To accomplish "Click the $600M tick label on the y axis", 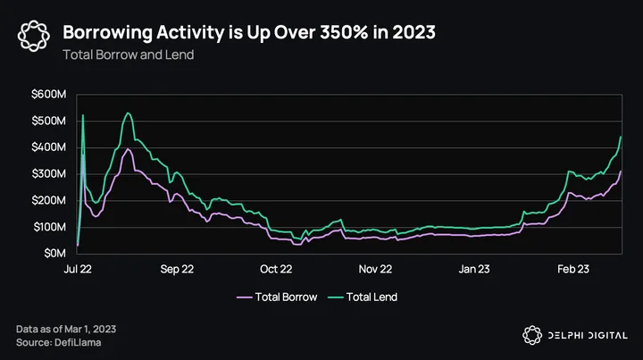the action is click(x=48, y=95).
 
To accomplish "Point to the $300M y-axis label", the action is click(x=48, y=174).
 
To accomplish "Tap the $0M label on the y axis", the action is click(x=55, y=254).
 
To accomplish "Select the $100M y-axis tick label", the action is click(x=49, y=227).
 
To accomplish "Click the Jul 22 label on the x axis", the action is click(x=78, y=269).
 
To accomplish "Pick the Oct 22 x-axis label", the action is click(x=276, y=269).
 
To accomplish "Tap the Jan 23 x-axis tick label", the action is click(x=474, y=269).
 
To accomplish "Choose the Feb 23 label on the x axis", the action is click(x=573, y=269).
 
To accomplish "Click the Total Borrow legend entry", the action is click(x=277, y=297).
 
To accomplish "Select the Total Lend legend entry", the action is click(x=363, y=297).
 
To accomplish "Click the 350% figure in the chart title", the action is click(x=344, y=32).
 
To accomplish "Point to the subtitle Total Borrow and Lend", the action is click(x=129, y=54).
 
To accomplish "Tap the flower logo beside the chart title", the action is click(x=34, y=36).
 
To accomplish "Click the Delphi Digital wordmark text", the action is click(x=588, y=335).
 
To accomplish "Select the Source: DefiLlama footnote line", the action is click(x=59, y=342).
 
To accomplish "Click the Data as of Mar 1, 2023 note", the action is click(x=66, y=329).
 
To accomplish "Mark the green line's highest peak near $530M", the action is click(x=128, y=113).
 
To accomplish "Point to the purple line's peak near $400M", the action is click(x=128, y=148).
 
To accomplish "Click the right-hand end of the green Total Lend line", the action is click(x=621, y=137).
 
